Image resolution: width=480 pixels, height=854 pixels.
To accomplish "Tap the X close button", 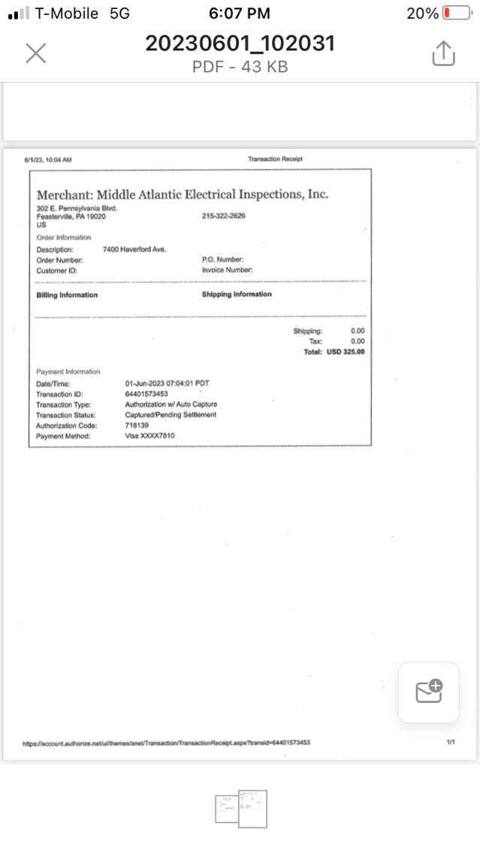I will point(36,53).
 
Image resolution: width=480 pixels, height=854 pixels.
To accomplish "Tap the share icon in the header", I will point(443,53).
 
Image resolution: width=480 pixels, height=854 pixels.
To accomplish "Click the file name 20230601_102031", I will point(240,44).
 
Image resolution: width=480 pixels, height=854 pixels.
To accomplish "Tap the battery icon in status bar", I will point(456,14).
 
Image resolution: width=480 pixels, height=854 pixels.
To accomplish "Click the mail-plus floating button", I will point(428,692).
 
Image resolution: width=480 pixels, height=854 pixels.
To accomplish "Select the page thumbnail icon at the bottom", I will point(241,808).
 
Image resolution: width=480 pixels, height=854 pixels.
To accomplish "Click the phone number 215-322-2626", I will point(223,217).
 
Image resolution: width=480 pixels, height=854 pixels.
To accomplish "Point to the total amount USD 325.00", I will point(346,352).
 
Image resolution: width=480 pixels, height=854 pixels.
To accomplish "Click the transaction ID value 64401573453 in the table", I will point(146,394).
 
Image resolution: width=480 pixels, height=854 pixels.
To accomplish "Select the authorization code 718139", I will point(137,425).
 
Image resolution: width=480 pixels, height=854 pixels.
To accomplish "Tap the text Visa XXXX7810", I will point(150,436).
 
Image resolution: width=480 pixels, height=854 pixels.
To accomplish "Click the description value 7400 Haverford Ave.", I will point(134,249).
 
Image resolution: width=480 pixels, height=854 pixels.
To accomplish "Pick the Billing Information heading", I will point(67,295).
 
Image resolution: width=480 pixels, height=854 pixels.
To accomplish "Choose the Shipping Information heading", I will point(237,294).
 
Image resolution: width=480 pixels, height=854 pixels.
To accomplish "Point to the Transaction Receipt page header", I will point(275,159).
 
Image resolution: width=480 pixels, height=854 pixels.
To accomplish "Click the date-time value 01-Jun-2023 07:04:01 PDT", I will point(167,383).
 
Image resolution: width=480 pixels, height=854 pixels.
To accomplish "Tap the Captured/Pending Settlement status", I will point(171,415).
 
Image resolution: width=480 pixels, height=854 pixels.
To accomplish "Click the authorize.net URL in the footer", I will point(166,743).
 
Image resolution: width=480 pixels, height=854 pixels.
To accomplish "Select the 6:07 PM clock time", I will point(240,14).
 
